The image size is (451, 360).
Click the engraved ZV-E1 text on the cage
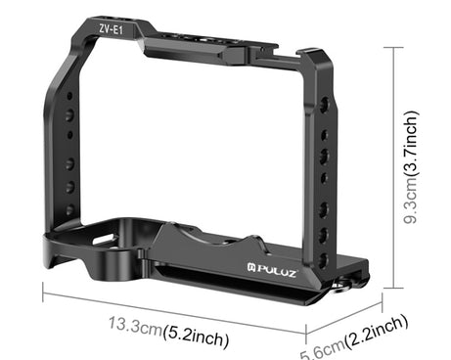111,29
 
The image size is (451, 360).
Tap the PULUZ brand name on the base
277,271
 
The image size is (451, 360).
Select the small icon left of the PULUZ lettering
251,268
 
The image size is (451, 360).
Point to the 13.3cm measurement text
135,325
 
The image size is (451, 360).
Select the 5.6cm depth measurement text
323,349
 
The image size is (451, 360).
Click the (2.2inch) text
377,332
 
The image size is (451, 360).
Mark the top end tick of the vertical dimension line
393,48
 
